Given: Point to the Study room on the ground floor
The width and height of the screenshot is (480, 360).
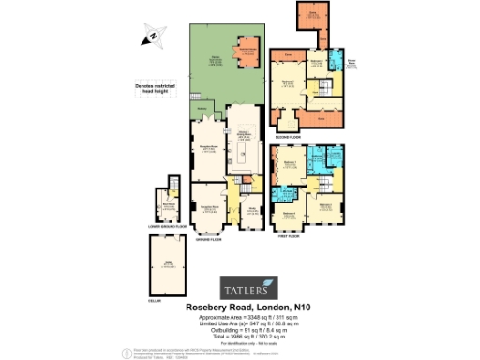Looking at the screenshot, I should pos(250,212).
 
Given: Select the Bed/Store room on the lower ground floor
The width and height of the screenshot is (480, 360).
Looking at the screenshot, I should pos(169,202).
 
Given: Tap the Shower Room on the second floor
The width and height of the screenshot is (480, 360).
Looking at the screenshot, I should pos(352,68).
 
